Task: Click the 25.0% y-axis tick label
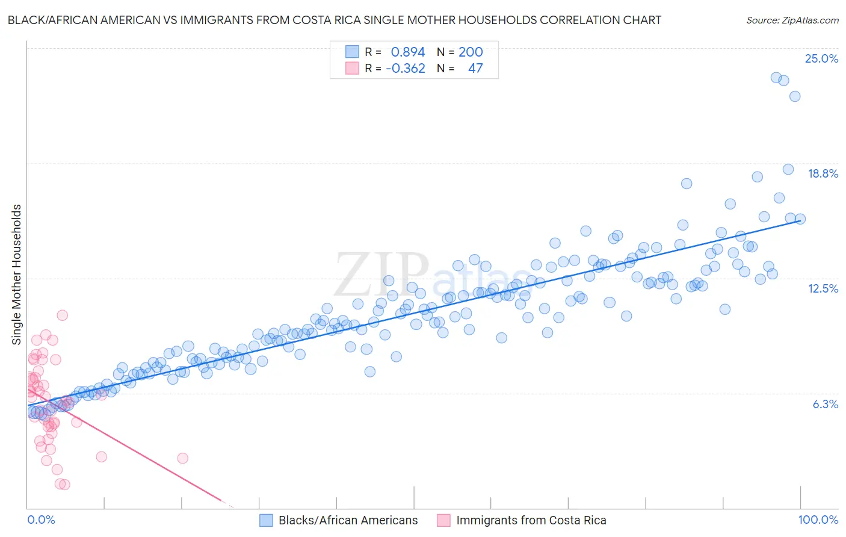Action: click(x=821, y=58)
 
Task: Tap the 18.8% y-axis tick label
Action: click(x=823, y=173)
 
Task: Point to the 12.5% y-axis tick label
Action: click(x=823, y=288)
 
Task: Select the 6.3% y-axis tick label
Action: click(x=825, y=404)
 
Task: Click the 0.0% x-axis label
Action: click(x=41, y=520)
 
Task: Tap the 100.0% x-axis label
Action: click(x=818, y=520)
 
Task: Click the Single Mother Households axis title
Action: click(x=17, y=275)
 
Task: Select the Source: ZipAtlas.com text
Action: click(x=792, y=20)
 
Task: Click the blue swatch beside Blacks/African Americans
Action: click(x=267, y=520)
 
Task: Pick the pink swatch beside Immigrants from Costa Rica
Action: click(x=443, y=520)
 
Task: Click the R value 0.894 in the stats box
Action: click(x=408, y=52)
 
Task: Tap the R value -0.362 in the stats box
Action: click(x=406, y=68)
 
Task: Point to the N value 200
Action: click(x=471, y=52)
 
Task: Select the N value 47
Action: click(x=475, y=68)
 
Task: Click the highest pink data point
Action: click(x=62, y=315)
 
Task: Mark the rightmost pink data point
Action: click(x=182, y=458)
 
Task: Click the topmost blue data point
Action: click(x=776, y=78)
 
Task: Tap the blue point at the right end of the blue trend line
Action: click(x=800, y=219)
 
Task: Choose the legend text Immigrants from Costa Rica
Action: click(x=531, y=520)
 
